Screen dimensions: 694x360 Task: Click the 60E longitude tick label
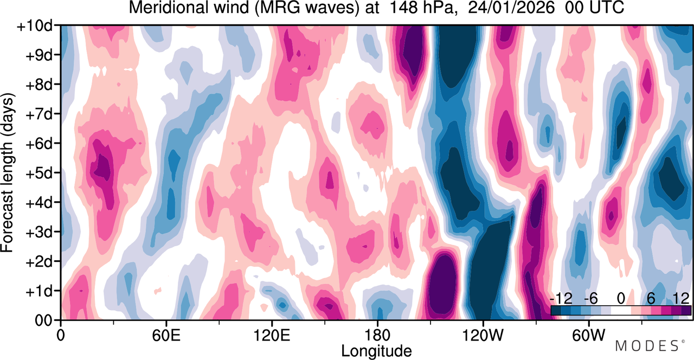[166, 335]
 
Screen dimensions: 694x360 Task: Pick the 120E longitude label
[272, 335]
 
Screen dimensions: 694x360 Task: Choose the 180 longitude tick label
[377, 335]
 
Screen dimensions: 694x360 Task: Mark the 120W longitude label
[483, 335]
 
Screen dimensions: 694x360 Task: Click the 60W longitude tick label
[588, 335]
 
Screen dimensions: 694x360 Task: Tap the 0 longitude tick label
[61, 335]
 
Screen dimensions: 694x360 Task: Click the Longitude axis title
[376, 351]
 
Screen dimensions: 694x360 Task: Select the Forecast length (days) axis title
[8, 173]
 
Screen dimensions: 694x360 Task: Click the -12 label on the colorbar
[561, 299]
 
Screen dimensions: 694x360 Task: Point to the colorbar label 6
[651, 299]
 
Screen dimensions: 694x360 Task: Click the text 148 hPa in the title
[422, 8]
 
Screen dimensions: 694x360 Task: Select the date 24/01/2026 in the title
[511, 8]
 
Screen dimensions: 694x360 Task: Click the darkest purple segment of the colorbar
[686, 311]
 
